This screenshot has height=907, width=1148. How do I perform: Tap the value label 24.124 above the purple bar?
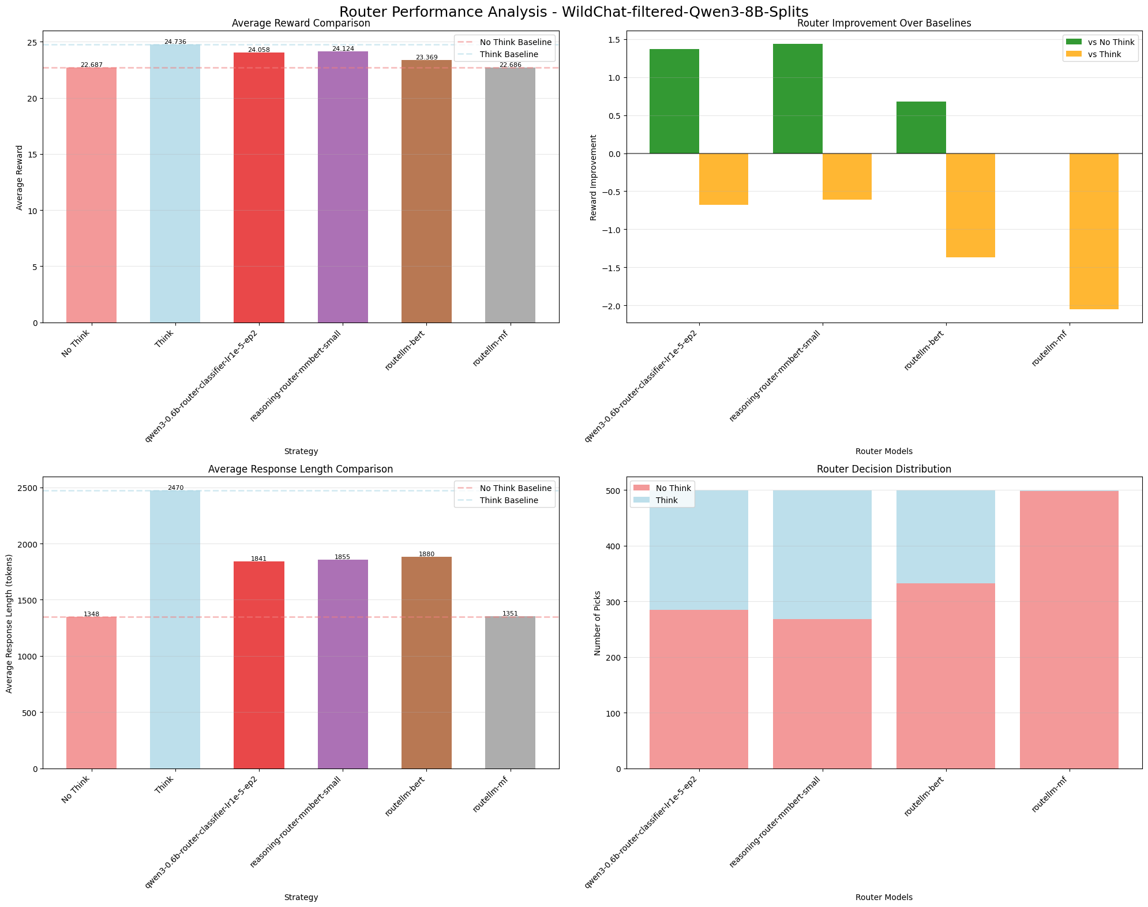pyautogui.click(x=343, y=48)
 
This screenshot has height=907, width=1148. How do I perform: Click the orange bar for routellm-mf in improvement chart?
pyautogui.click(x=1094, y=231)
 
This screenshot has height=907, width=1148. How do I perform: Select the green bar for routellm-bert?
pyautogui.click(x=921, y=128)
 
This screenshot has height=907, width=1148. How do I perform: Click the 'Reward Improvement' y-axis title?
pyautogui.click(x=594, y=177)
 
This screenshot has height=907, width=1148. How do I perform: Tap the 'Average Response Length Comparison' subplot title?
pyautogui.click(x=301, y=469)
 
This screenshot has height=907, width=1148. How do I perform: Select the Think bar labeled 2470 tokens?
pyautogui.click(x=175, y=629)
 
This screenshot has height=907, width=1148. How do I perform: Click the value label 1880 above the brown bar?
pyautogui.click(x=426, y=554)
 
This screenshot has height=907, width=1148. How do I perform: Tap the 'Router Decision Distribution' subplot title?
pyautogui.click(x=884, y=469)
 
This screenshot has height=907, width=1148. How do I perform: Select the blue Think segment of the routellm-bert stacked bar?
pyautogui.click(x=946, y=537)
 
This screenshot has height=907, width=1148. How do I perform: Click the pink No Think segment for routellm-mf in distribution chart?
pyautogui.click(x=1069, y=629)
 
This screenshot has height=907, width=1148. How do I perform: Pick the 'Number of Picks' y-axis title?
pyautogui.click(x=597, y=623)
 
